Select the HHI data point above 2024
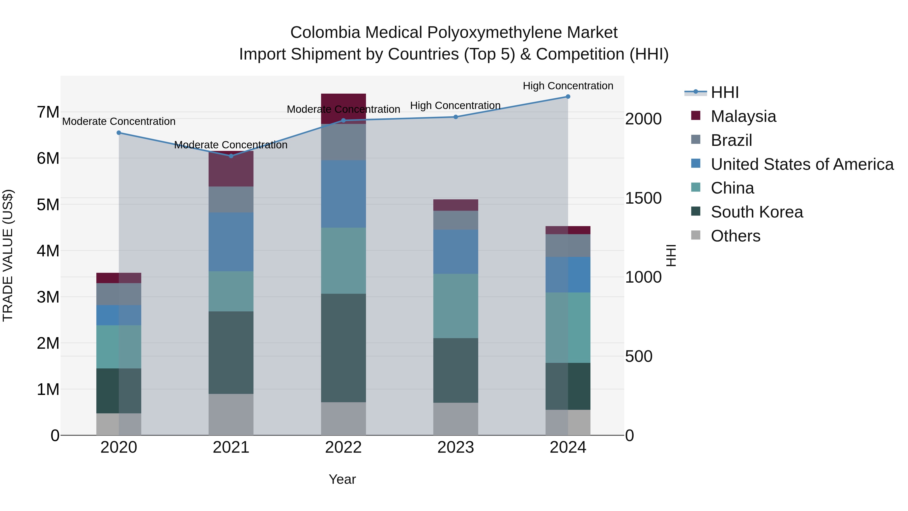(568, 97)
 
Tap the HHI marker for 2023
(456, 117)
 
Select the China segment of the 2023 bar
(456, 306)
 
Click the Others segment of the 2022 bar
(343, 419)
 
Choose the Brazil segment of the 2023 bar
(456, 220)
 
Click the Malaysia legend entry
(743, 116)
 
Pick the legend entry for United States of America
(802, 164)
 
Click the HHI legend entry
(724, 92)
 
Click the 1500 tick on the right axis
(643, 198)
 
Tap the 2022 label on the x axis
(343, 447)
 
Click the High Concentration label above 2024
(568, 86)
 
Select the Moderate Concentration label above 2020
(119, 121)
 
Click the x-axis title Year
(342, 479)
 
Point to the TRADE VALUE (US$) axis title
(8, 255)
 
